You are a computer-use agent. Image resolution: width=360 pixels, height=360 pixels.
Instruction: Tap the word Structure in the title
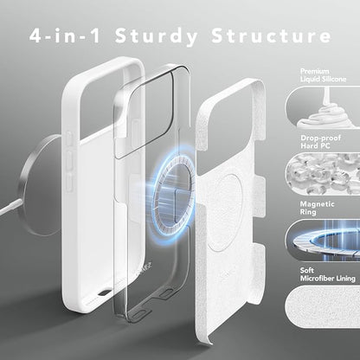[x=272, y=35]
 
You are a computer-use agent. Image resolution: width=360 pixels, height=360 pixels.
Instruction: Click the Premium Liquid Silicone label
[x=323, y=75]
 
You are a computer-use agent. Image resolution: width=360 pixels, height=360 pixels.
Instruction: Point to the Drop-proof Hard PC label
[x=320, y=142]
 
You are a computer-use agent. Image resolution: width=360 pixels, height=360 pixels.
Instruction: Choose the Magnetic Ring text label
[x=317, y=208]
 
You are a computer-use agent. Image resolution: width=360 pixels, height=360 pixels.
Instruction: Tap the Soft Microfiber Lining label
[x=327, y=274]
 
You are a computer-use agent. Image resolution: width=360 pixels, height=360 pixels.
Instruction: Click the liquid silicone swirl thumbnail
[x=323, y=106]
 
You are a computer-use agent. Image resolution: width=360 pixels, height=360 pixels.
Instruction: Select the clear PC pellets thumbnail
[x=323, y=174]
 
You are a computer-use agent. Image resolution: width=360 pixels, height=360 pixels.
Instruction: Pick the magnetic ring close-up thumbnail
[x=323, y=240]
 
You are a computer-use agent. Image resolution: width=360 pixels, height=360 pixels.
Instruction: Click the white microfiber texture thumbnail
[x=323, y=306]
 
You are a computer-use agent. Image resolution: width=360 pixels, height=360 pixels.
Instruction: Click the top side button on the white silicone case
[x=69, y=139]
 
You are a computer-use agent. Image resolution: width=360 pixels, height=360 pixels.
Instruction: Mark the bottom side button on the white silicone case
[x=69, y=182]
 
